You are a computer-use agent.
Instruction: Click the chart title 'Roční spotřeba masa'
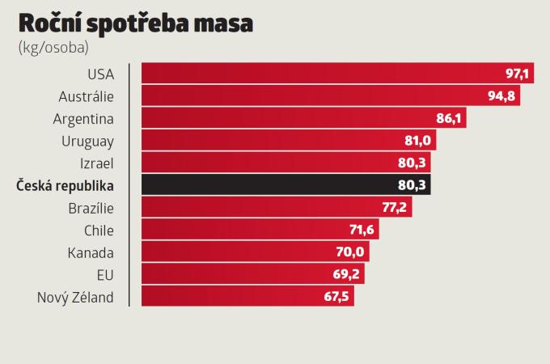(136, 23)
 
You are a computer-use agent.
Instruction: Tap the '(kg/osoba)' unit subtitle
(53, 46)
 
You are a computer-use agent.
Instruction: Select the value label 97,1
(517, 74)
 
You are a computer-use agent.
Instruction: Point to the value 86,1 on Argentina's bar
(449, 119)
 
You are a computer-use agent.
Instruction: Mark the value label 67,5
(336, 297)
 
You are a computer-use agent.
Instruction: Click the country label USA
(100, 74)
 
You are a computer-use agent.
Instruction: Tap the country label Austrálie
(87, 96)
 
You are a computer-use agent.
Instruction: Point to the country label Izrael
(95, 163)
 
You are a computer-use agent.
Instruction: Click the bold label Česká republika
(66, 185)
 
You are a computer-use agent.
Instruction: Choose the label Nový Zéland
(75, 297)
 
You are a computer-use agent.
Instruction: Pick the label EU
(104, 274)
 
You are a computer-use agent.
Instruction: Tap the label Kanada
(91, 252)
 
